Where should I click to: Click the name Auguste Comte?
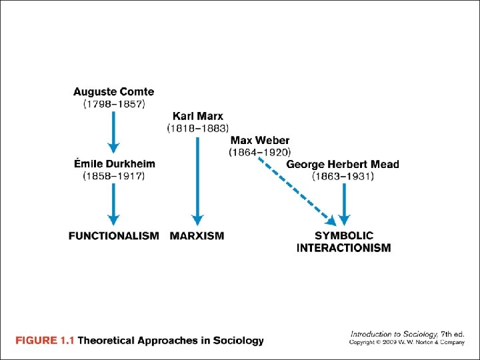(113, 92)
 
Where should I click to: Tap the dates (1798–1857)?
(113, 104)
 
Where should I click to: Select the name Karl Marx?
(198, 116)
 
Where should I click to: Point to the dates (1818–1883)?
(198, 128)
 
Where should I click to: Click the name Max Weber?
(260, 140)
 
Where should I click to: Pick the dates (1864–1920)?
(260, 152)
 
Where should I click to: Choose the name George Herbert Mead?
(343, 165)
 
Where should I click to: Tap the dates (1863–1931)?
(343, 177)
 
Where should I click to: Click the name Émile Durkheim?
(113, 164)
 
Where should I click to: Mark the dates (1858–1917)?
(113, 176)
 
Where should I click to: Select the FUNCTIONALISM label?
(113, 236)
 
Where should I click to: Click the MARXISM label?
(197, 236)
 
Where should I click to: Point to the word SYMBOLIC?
(344, 235)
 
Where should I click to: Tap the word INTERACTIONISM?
(344, 248)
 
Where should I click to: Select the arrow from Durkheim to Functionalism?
(114, 203)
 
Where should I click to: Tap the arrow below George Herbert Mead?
(344, 204)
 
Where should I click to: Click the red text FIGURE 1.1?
(45, 341)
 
